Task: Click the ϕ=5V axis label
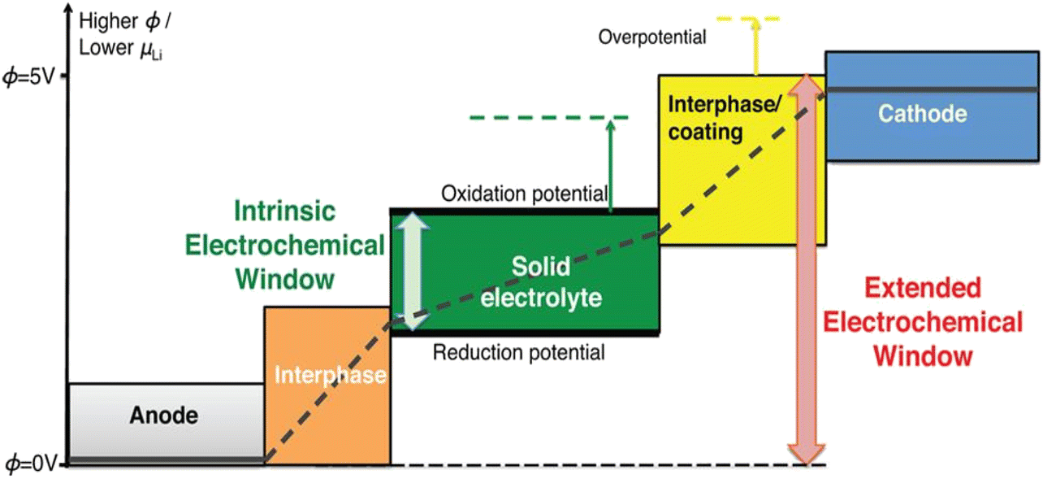click(x=29, y=76)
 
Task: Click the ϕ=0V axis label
click(x=31, y=464)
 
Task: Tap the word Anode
click(x=164, y=416)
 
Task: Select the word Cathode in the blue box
click(x=923, y=113)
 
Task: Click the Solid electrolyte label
click(x=541, y=282)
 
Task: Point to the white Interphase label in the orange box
click(x=330, y=375)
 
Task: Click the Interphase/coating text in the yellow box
click(x=724, y=118)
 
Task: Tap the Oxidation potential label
click(x=524, y=194)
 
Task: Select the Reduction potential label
click(x=519, y=352)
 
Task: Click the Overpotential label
click(x=651, y=37)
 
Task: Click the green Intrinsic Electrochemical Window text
click(x=285, y=245)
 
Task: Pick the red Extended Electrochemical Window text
click(x=923, y=322)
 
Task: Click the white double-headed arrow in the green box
click(x=413, y=272)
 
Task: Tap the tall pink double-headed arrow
click(x=807, y=269)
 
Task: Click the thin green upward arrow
click(x=611, y=166)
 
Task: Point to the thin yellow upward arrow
click(x=755, y=47)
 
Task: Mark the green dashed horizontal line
click(x=548, y=117)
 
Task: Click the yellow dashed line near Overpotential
click(x=748, y=19)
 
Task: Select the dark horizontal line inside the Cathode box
click(x=933, y=89)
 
